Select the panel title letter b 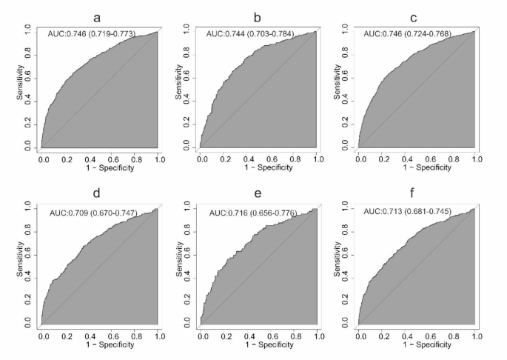click(257, 16)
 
